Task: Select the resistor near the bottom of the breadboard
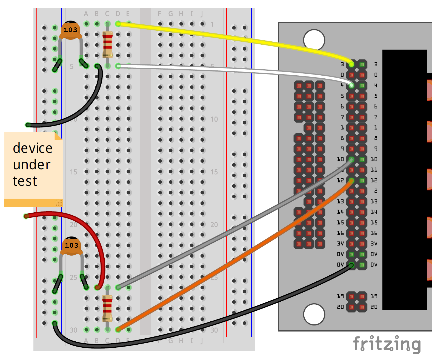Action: pos(107,308)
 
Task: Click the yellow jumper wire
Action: pos(219,36)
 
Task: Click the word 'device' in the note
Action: pos(33,148)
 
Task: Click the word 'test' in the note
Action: pos(25,181)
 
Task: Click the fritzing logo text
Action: pos(387,344)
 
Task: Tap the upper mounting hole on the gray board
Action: pos(314,40)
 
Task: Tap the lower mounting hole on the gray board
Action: pos(314,314)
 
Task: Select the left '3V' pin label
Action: pos(340,244)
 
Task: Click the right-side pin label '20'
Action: pos(374,307)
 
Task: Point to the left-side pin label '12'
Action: pos(340,180)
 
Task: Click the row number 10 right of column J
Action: pos(214,119)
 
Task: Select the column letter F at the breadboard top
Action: pos(160,14)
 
